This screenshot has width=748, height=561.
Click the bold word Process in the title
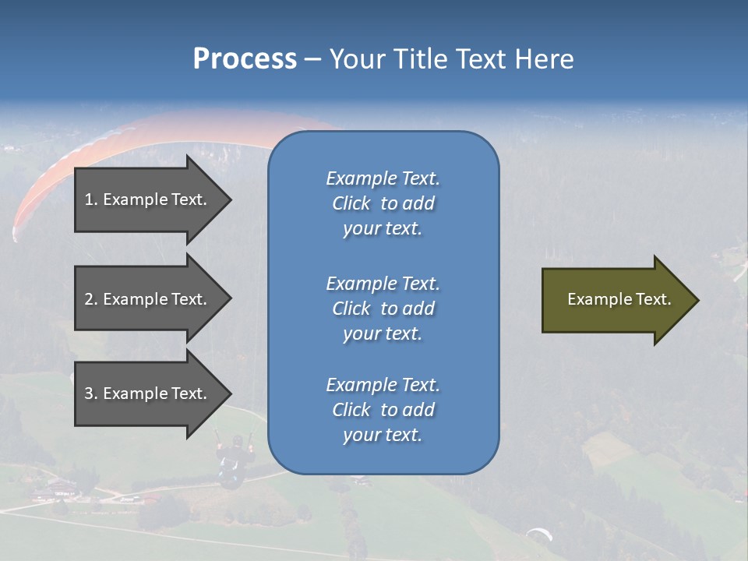pyautogui.click(x=245, y=59)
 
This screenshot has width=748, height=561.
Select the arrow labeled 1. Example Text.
pyautogui.click(x=148, y=199)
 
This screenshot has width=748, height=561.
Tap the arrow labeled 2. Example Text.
pyautogui.click(x=148, y=299)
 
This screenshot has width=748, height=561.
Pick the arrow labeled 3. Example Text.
pyautogui.click(x=148, y=393)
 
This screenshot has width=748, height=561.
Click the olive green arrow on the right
pyautogui.click(x=616, y=300)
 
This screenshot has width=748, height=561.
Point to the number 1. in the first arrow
pyautogui.click(x=91, y=199)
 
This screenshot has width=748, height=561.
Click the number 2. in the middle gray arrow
pyautogui.click(x=91, y=299)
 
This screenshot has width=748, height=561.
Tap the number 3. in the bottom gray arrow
pyautogui.click(x=91, y=393)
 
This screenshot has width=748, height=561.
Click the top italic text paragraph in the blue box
pyautogui.click(x=383, y=203)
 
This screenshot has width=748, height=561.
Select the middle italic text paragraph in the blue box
pyautogui.click(x=383, y=309)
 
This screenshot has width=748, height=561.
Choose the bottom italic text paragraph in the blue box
pyautogui.click(x=383, y=410)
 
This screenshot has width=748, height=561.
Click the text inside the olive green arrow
pyautogui.click(x=619, y=299)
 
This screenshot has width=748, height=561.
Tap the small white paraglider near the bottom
pyautogui.click(x=539, y=534)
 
